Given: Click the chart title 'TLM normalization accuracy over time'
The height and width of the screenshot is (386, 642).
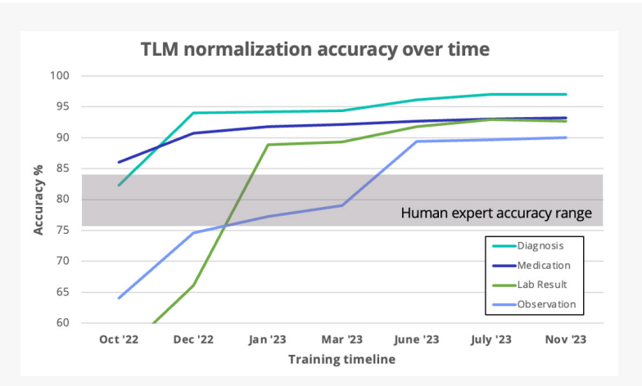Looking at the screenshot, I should [x=315, y=49].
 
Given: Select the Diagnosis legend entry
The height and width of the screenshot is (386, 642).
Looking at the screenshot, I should [x=540, y=245].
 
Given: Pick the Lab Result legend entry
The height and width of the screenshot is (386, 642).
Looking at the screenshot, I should [x=541, y=285].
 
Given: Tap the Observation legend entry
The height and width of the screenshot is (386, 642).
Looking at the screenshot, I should [x=546, y=304].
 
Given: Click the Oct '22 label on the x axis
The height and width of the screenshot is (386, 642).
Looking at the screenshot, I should [x=119, y=339].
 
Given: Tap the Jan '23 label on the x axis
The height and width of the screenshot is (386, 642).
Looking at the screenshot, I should [x=268, y=339].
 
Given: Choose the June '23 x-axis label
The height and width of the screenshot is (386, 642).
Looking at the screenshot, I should [x=416, y=339].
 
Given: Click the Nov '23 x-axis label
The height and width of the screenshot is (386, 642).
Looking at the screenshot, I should [x=565, y=339].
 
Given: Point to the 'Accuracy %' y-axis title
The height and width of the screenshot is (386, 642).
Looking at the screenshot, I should [x=38, y=200].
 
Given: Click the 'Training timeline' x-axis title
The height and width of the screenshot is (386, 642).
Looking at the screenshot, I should [x=341, y=359].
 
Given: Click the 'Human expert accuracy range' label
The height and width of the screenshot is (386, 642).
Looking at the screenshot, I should [x=496, y=213].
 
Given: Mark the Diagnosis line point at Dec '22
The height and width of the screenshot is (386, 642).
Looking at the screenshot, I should [x=193, y=113].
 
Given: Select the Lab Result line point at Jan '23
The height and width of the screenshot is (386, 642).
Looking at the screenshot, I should [x=268, y=145].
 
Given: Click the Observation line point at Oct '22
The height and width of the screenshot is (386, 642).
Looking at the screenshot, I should [x=119, y=298].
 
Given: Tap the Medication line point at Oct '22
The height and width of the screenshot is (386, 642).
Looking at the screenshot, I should [x=119, y=162].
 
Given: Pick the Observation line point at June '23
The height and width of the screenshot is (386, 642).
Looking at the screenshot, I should [x=416, y=141].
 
